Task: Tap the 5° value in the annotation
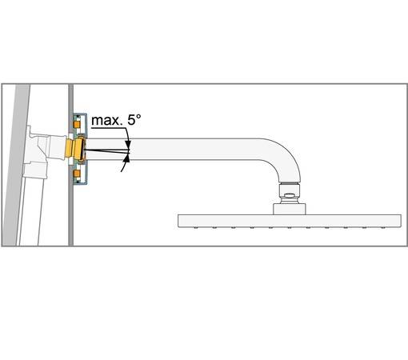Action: click(x=134, y=119)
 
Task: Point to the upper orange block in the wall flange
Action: click(x=77, y=125)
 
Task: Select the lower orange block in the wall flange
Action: click(x=77, y=174)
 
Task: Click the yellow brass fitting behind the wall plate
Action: click(x=74, y=150)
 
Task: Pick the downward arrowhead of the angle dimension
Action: click(x=128, y=143)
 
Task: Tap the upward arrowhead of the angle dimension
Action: click(x=127, y=158)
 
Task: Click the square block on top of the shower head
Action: click(x=290, y=209)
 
